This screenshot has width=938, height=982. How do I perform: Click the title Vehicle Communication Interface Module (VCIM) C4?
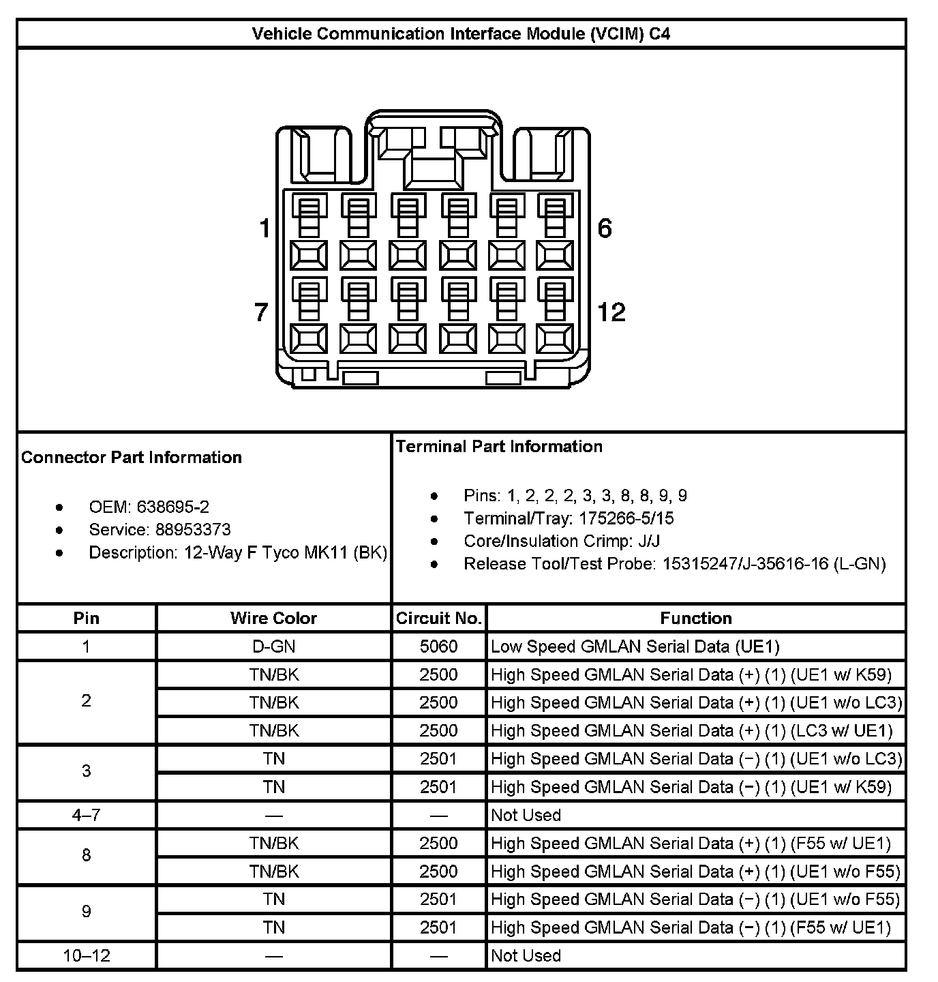(x=461, y=33)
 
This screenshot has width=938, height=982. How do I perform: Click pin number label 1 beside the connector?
(x=264, y=228)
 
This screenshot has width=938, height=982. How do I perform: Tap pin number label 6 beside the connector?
(x=605, y=228)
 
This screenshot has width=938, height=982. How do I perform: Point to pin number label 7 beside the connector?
(x=261, y=312)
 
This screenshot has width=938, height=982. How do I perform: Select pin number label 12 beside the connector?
(x=611, y=312)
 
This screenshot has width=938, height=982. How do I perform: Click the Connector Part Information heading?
(x=132, y=457)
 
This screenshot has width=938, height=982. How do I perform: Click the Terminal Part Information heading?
(x=499, y=446)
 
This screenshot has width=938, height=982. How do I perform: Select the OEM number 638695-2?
(x=173, y=507)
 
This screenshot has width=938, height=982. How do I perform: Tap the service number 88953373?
(x=193, y=529)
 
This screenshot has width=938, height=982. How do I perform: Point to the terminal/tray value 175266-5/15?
(x=626, y=518)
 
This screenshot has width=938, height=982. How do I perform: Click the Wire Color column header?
(x=273, y=618)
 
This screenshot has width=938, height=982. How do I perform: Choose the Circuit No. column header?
(x=439, y=618)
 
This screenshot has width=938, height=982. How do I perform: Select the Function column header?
(x=696, y=618)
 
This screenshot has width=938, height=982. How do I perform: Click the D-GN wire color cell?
(x=273, y=646)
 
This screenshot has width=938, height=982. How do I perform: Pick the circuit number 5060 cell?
(x=439, y=646)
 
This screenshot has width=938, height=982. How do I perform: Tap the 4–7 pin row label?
(x=87, y=815)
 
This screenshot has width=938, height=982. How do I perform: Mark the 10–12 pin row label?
(x=87, y=955)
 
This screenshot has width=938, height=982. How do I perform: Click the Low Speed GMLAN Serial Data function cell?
(x=635, y=646)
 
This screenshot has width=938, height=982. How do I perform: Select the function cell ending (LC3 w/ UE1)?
(x=691, y=730)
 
